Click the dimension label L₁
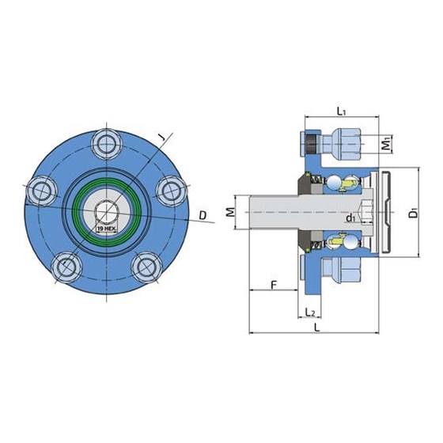[341, 112]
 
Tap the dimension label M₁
[386, 144]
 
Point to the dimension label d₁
[350, 218]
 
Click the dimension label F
[274, 285]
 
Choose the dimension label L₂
[310, 312]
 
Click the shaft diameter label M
[231, 212]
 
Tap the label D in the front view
[203, 215]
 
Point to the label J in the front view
[161, 138]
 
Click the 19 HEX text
[107, 229]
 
